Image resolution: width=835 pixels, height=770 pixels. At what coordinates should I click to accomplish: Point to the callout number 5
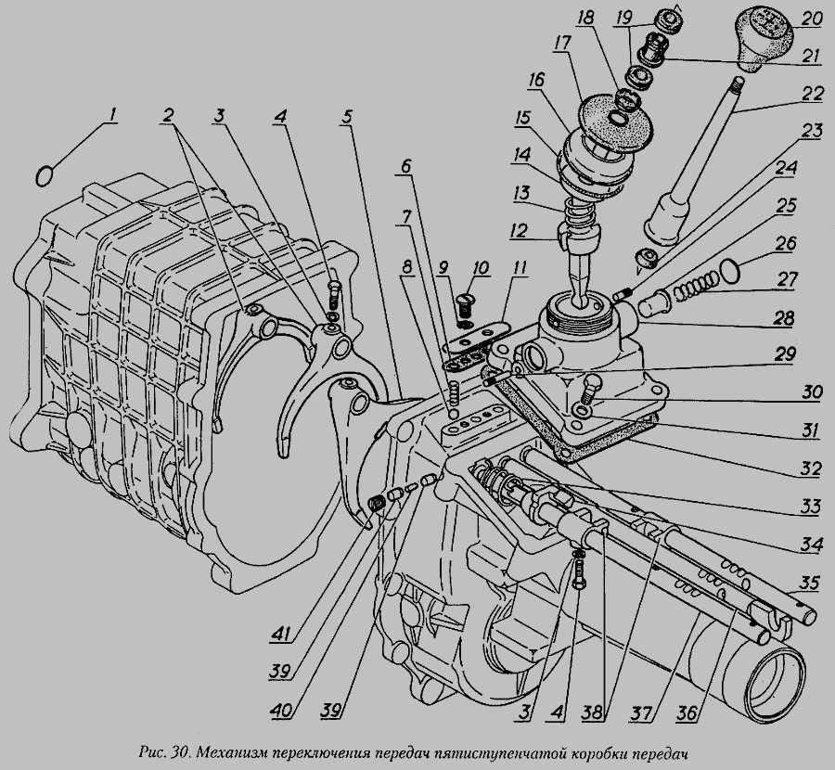[346, 118]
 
